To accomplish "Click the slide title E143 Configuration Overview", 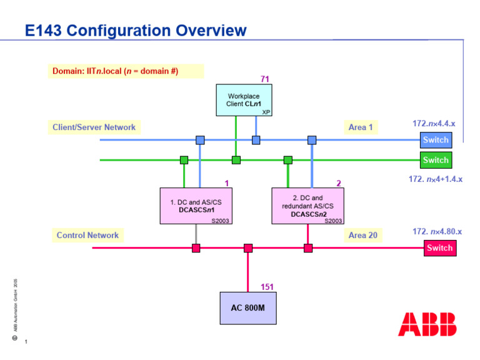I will [x=136, y=30].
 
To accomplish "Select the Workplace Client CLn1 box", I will [x=244, y=100].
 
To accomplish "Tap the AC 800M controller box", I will [x=247, y=307].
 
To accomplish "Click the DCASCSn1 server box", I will [x=196, y=206].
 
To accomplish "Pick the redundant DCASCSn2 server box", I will [x=307, y=205].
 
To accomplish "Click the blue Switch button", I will [x=435, y=140].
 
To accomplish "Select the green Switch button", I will [x=435, y=160].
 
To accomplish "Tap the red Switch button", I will [x=439, y=248].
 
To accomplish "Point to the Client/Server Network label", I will [x=94, y=127].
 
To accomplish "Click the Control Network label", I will [x=87, y=235].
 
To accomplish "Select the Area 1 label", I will [x=361, y=127].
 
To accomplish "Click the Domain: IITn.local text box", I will [x=125, y=71].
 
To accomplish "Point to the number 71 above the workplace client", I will [x=264, y=79].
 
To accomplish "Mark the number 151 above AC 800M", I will [x=267, y=287].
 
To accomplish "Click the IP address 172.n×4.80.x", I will [x=437, y=232].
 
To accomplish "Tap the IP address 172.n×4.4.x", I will [x=434, y=124].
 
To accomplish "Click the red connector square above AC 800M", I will [x=248, y=248].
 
